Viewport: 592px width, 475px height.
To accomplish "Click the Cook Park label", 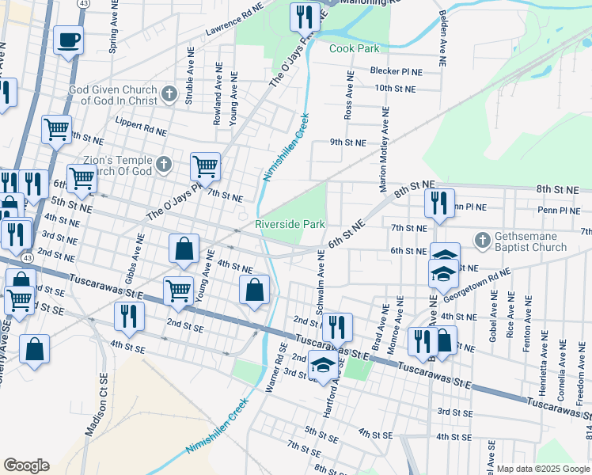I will [355, 48].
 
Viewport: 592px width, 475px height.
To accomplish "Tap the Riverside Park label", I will [290, 225].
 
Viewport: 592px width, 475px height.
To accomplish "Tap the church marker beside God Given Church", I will [169, 95].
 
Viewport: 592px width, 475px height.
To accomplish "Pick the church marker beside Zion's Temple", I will [164, 165].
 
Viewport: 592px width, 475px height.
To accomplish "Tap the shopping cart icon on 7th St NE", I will [205, 165].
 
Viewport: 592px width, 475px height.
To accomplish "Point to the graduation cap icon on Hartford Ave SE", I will [322, 367].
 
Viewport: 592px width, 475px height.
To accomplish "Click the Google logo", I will [26, 465].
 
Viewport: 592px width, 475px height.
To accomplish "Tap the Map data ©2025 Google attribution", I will [542, 469].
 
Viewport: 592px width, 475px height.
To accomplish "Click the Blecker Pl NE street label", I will [397, 71].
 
